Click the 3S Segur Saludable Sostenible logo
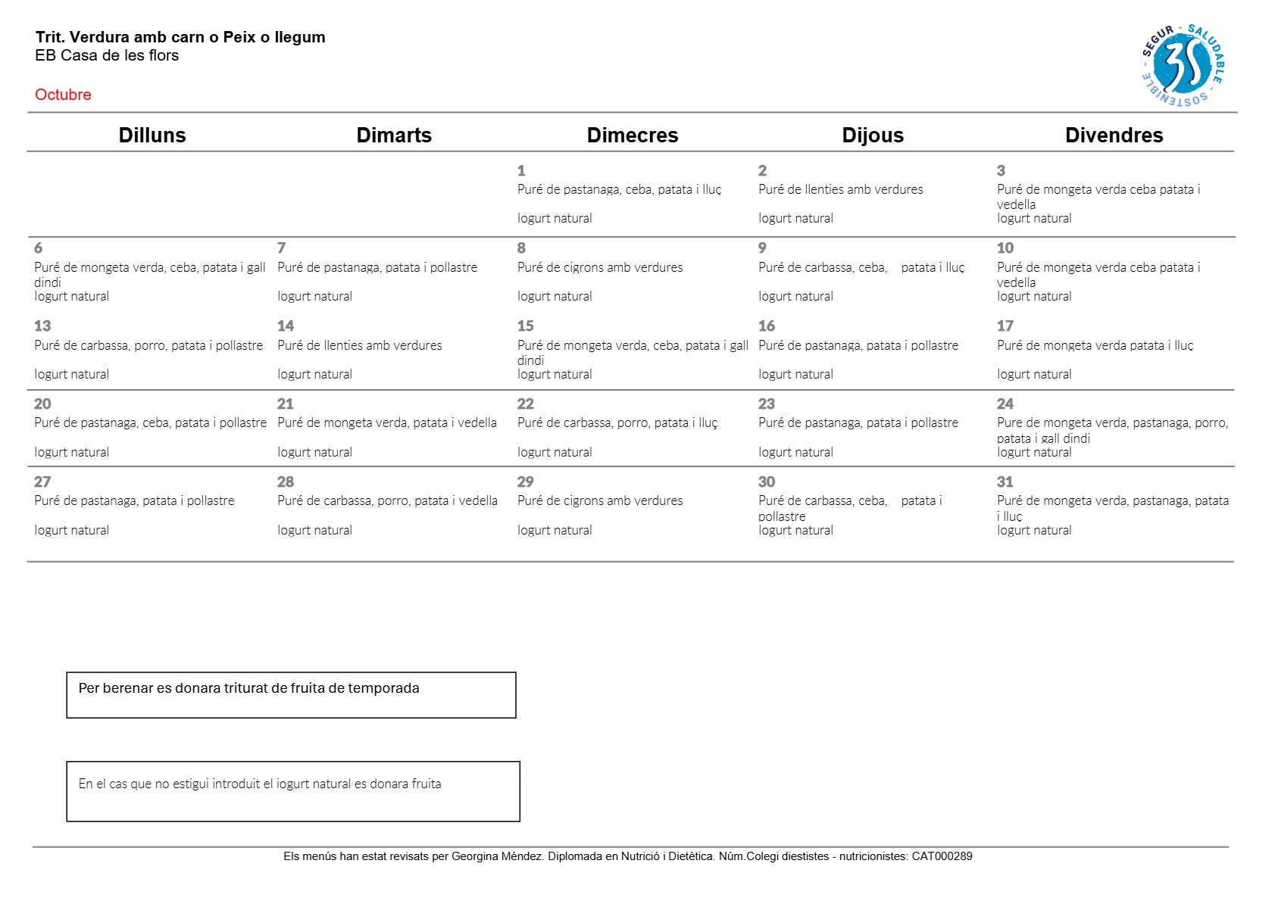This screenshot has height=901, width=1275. pos(1182,65)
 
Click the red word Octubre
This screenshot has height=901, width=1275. pos(63,95)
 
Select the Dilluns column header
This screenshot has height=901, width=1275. pos(152,136)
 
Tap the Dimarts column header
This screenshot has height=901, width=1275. pos(394,136)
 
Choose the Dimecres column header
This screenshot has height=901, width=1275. pos(633,136)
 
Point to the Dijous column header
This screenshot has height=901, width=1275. pos(873,136)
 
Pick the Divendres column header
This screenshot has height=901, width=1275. pos(1114,136)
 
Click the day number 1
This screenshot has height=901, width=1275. pos(521,171)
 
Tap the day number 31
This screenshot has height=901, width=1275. pos(1005,482)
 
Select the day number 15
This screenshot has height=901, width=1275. pos(526,326)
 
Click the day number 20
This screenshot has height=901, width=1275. pos(42,404)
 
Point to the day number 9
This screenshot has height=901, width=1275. pos(762,248)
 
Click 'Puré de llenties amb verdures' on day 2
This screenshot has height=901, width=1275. pos(840,190)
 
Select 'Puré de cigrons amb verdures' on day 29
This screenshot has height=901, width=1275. pos(600,501)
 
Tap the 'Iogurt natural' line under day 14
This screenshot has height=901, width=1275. pos(314,375)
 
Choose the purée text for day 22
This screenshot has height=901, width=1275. pos(617,423)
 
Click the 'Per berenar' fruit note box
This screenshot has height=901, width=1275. pos(291,694)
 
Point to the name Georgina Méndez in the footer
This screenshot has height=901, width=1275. pos(497,856)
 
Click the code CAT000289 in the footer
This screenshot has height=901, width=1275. pos(942,856)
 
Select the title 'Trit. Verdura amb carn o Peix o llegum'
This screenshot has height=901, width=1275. pos(180,37)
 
